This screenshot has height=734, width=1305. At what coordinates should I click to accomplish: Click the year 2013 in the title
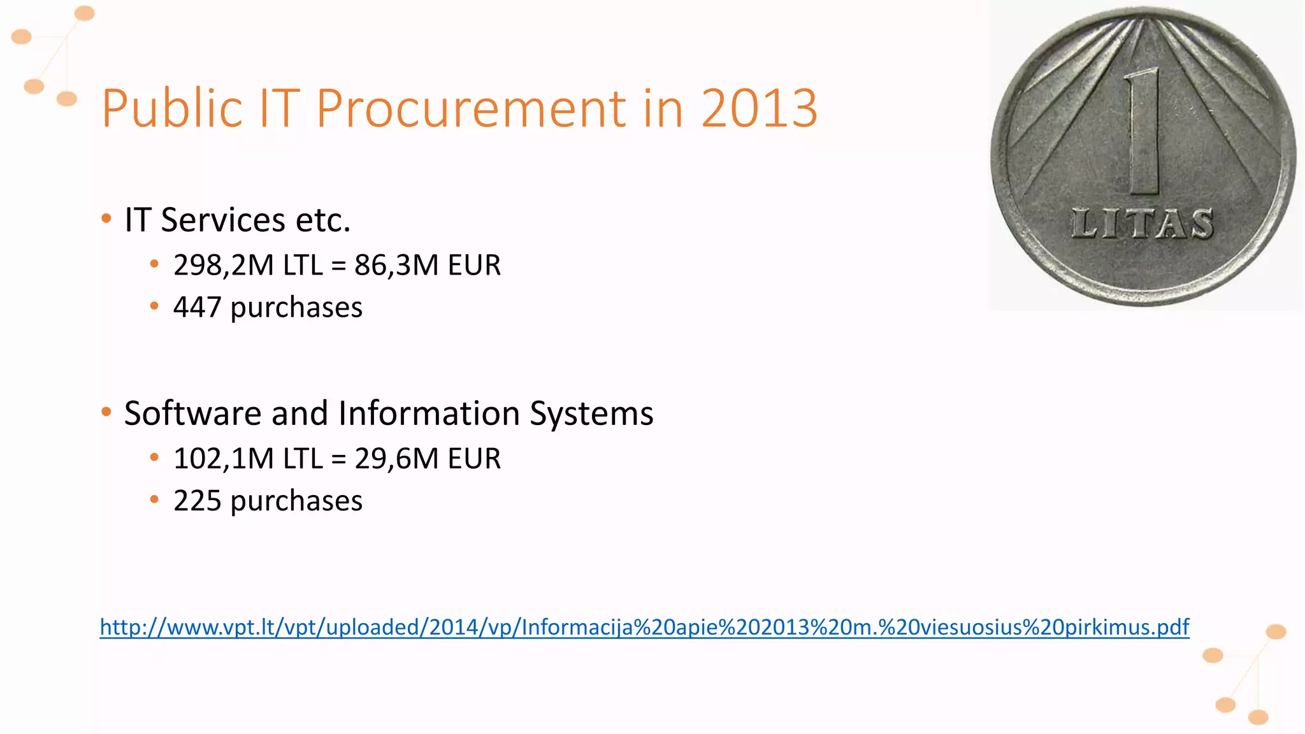759,108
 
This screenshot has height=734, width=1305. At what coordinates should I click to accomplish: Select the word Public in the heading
172,108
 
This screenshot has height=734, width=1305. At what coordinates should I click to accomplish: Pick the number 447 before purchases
197,307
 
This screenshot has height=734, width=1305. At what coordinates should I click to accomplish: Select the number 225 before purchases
197,501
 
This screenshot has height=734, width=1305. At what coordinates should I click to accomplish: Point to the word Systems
591,414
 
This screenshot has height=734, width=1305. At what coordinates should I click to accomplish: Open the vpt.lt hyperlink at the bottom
644,628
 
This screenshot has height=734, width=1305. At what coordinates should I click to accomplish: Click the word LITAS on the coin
1143,224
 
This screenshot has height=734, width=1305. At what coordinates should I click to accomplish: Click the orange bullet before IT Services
106,219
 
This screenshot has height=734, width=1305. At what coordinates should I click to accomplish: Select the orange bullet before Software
106,412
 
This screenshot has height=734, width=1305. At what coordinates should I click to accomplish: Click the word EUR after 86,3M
474,265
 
